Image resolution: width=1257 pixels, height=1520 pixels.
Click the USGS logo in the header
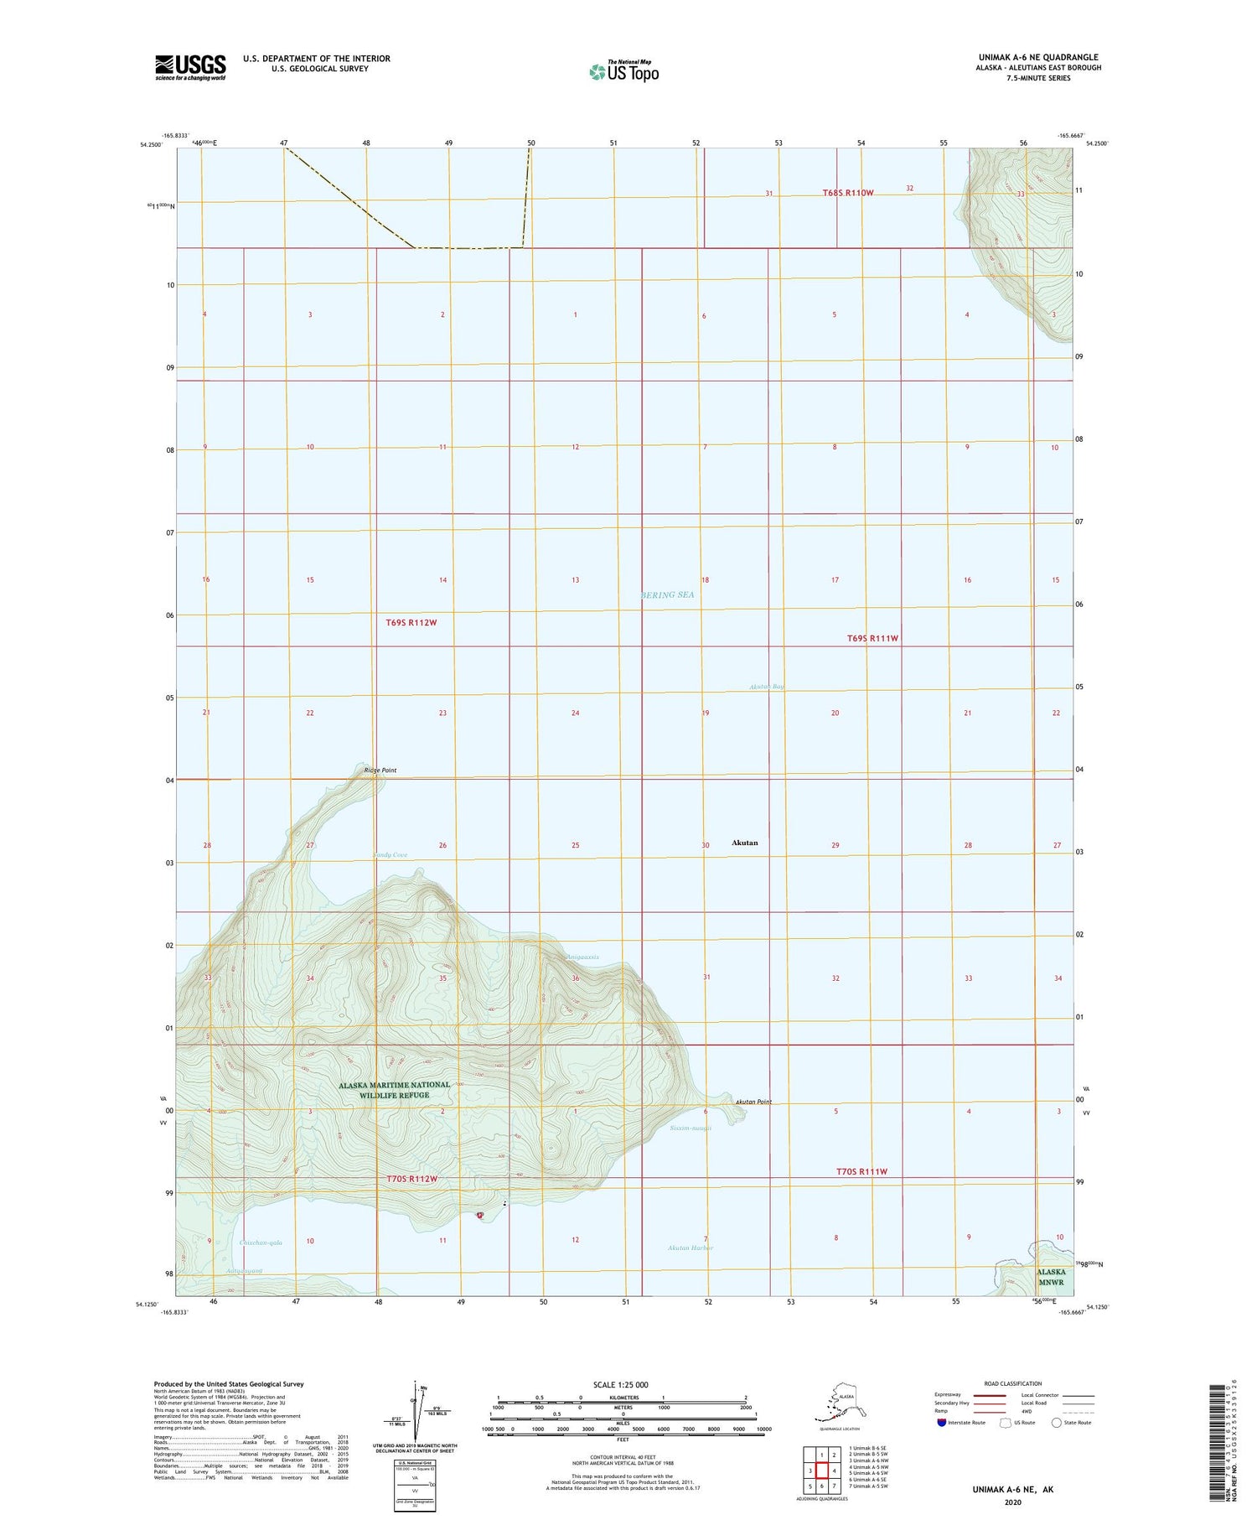tap(190, 67)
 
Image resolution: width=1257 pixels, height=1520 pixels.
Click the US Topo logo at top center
tap(624, 71)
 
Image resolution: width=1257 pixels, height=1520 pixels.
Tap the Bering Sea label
tap(667, 594)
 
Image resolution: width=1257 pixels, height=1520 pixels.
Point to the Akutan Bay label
tap(767, 687)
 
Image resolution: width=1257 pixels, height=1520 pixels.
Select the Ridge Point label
tap(380, 770)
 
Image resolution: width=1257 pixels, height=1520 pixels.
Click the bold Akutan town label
tap(744, 843)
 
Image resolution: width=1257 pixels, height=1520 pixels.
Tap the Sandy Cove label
tap(391, 854)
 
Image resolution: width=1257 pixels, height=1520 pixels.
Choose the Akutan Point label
tap(753, 1102)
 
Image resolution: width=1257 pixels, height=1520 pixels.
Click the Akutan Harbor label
tap(691, 1248)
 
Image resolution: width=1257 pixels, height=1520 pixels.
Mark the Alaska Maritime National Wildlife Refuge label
tap(394, 1090)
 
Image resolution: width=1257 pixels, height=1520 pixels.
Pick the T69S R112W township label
tap(411, 622)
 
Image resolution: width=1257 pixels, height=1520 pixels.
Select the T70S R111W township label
tap(861, 1171)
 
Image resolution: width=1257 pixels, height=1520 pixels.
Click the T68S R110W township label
tap(847, 193)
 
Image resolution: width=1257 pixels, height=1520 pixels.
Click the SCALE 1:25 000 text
tap(620, 1384)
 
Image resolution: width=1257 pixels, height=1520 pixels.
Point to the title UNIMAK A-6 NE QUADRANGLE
tap(1038, 57)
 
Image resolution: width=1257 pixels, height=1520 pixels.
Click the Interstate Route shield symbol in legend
tap(942, 1422)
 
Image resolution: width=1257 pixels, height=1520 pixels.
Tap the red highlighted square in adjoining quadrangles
tap(822, 1470)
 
